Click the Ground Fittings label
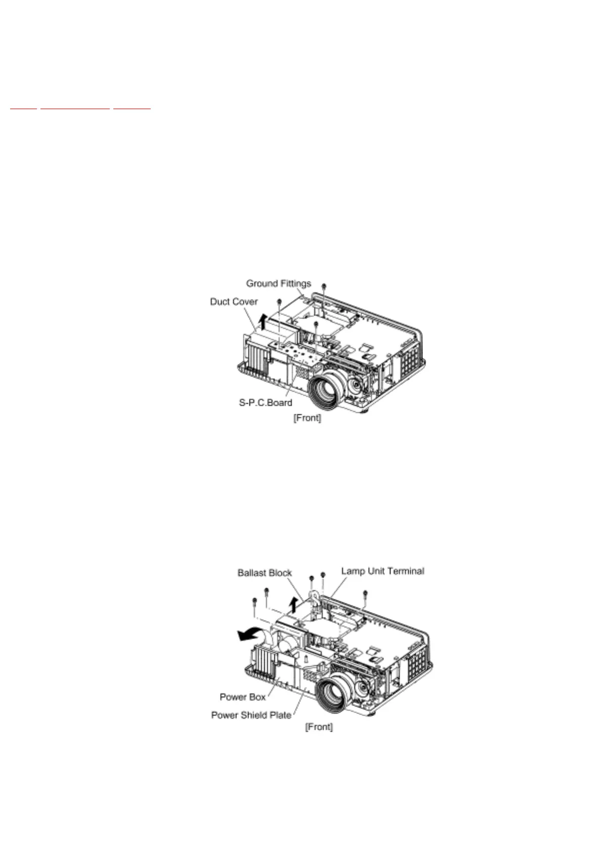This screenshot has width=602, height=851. pyautogui.click(x=278, y=283)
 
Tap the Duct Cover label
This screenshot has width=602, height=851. pyautogui.click(x=234, y=302)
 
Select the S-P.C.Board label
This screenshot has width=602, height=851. pyautogui.click(x=265, y=403)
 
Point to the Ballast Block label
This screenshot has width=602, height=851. pyautogui.click(x=265, y=573)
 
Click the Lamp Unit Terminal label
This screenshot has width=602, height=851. pyautogui.click(x=382, y=571)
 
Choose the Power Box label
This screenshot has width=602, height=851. pyautogui.click(x=242, y=697)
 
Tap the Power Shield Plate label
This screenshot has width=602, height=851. pyautogui.click(x=251, y=715)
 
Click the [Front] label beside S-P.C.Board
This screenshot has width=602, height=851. pyautogui.click(x=307, y=418)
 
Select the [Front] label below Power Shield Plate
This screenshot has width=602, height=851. pyautogui.click(x=319, y=727)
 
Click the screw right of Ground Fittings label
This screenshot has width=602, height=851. pyautogui.click(x=324, y=286)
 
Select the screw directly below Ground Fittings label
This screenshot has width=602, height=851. pyautogui.click(x=279, y=301)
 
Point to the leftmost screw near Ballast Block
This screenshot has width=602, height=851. pyautogui.click(x=254, y=600)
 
